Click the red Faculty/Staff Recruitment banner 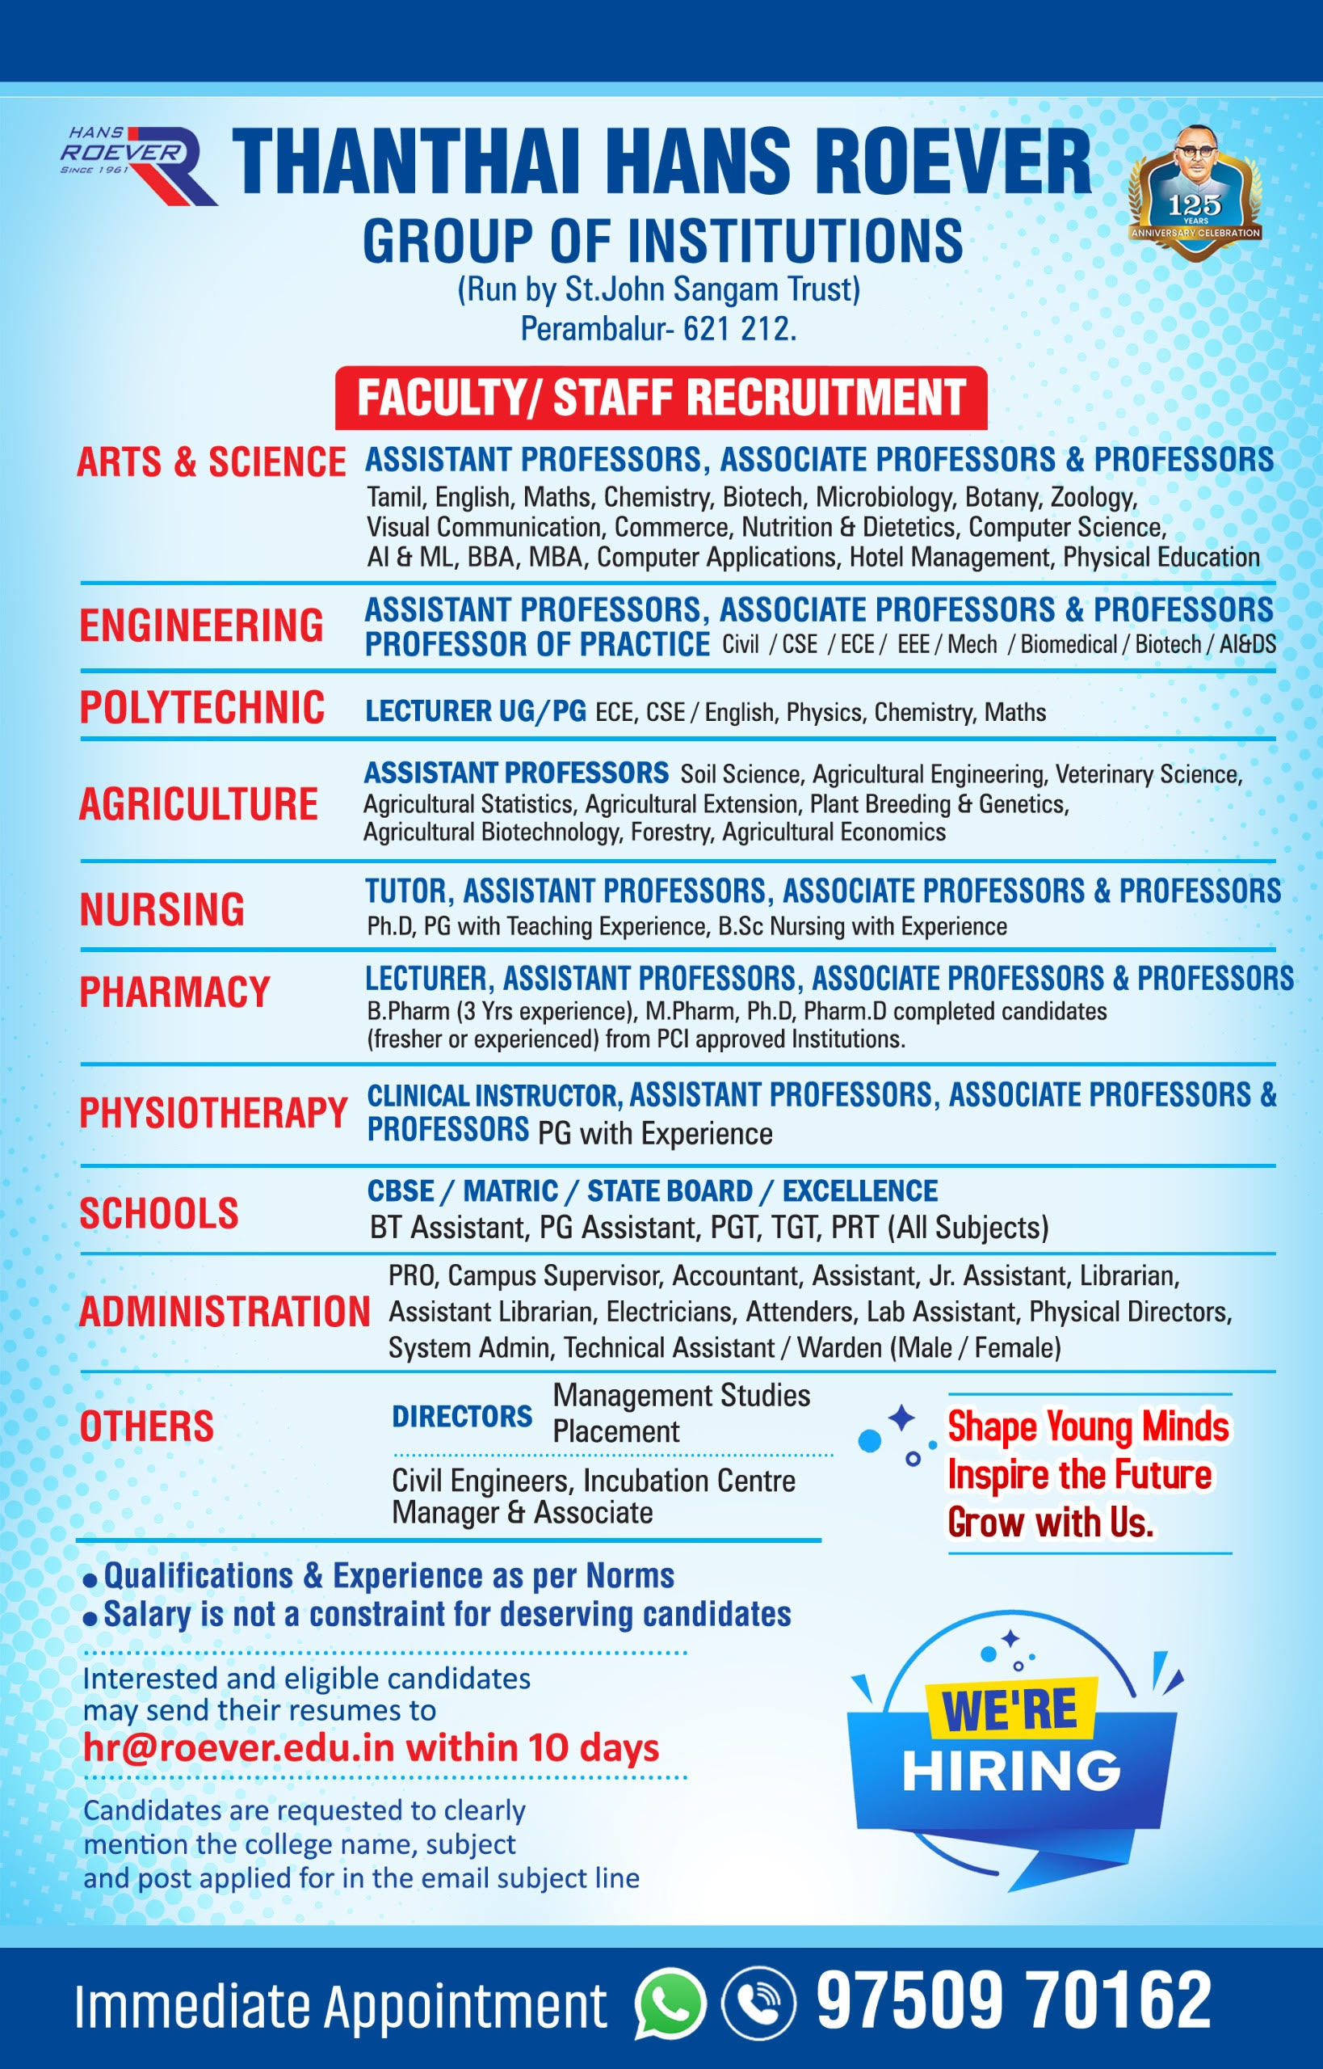tap(661, 398)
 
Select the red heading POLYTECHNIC tap(202, 708)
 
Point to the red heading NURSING tap(162, 909)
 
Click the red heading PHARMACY tap(174, 992)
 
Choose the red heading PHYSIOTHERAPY tap(213, 1112)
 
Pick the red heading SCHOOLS tap(159, 1213)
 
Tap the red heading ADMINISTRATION tap(225, 1312)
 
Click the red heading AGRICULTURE tap(199, 804)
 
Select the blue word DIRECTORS tap(462, 1417)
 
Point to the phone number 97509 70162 tap(1013, 2000)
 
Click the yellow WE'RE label tap(1010, 1709)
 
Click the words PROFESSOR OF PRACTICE tap(537, 645)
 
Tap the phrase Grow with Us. tap(1050, 1523)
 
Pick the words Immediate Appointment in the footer tap(340, 2004)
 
